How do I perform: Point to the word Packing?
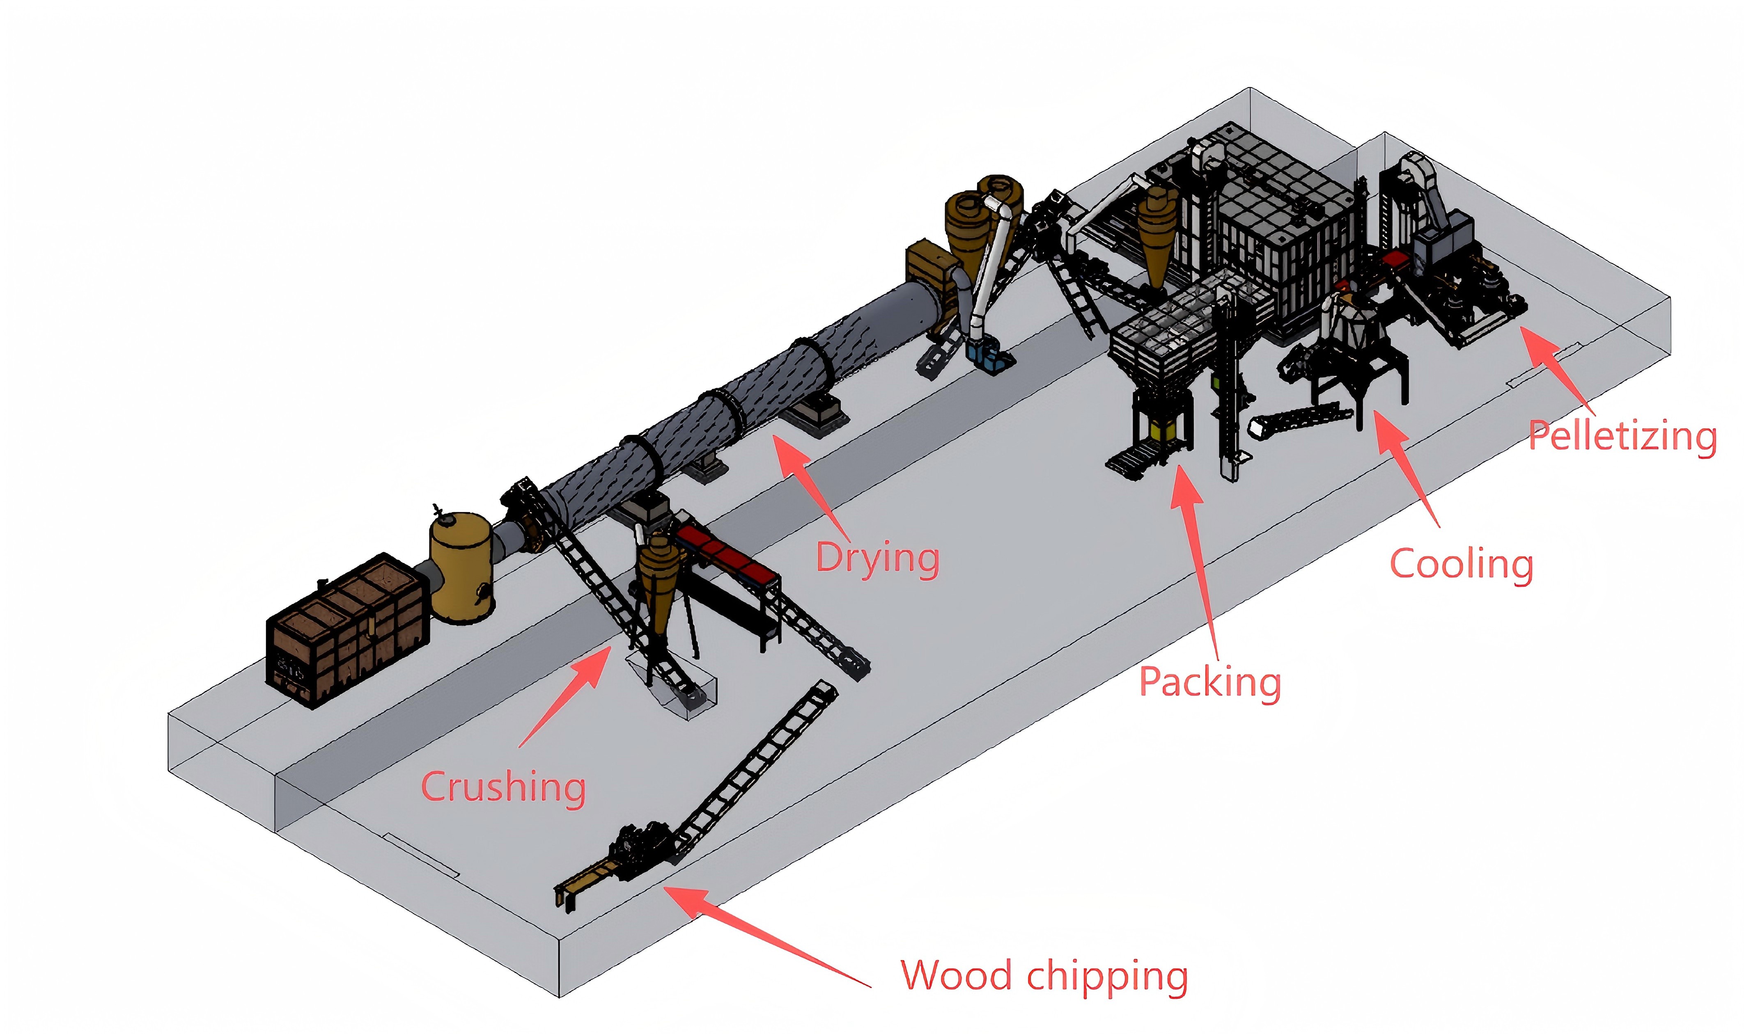tap(1209, 682)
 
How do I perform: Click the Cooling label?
tap(1461, 564)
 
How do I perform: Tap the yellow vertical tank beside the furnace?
tap(461, 568)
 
